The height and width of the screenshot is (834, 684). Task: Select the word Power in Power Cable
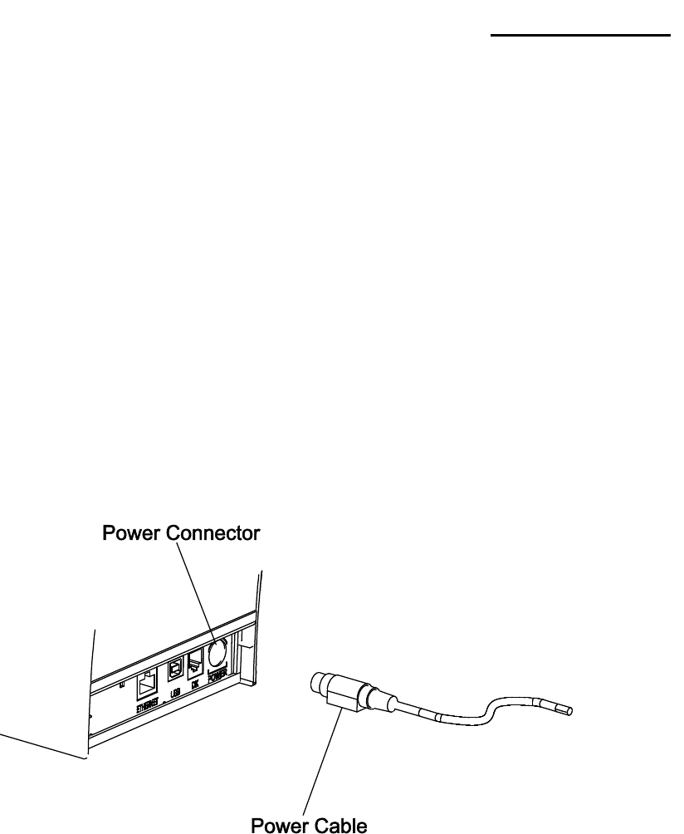[x=278, y=824]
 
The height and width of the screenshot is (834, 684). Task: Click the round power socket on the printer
[x=218, y=652]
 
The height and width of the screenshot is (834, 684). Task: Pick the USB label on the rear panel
[x=175, y=691]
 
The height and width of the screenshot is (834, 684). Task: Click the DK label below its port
[x=196, y=684]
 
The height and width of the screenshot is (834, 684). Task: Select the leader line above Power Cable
[x=324, y=760]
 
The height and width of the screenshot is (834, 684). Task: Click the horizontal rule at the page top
[x=579, y=36]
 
